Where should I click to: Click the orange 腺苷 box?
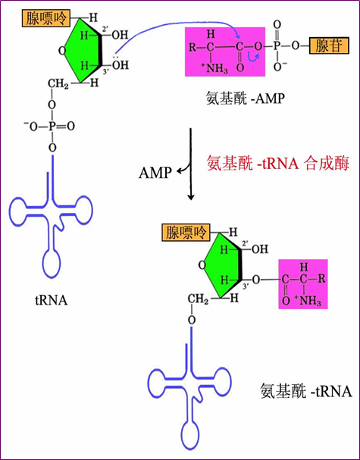(329, 45)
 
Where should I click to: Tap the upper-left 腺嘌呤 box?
(46, 18)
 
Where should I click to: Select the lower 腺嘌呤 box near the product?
(186, 233)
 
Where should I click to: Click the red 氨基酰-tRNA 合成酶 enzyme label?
(278, 163)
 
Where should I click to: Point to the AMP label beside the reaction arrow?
(155, 173)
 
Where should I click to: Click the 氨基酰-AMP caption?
(246, 99)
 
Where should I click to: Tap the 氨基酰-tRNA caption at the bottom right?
(306, 391)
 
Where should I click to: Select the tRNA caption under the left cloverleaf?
(52, 301)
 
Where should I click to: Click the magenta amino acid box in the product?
(303, 284)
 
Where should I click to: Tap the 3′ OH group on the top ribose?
(121, 65)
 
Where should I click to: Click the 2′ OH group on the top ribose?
(121, 35)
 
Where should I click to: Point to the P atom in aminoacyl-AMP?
(277, 46)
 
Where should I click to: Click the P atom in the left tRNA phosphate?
(52, 127)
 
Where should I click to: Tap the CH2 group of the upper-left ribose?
(58, 83)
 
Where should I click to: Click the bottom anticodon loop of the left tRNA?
(52, 263)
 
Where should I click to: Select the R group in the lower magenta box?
(321, 278)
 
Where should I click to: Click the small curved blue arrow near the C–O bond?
(254, 57)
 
